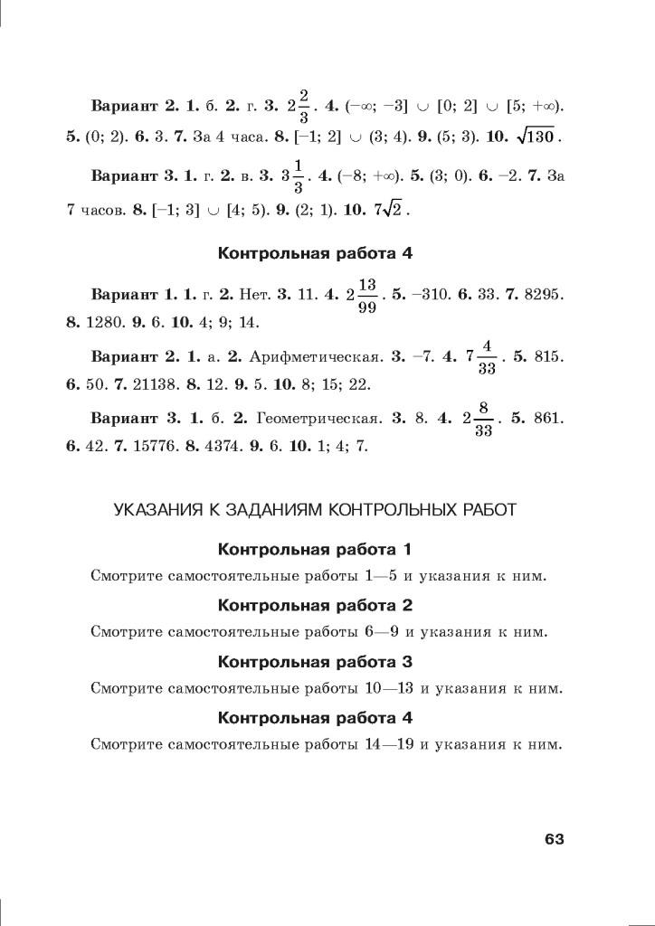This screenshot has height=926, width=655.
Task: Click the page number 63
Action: click(554, 839)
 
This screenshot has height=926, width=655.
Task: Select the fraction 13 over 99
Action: click(366, 296)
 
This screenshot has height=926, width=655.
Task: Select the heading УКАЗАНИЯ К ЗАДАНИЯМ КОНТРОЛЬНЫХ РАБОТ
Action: click(315, 510)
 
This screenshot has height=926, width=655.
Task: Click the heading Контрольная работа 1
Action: click(315, 550)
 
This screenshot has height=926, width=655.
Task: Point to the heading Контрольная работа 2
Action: click(315, 605)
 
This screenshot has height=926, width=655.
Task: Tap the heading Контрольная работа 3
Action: click(315, 661)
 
